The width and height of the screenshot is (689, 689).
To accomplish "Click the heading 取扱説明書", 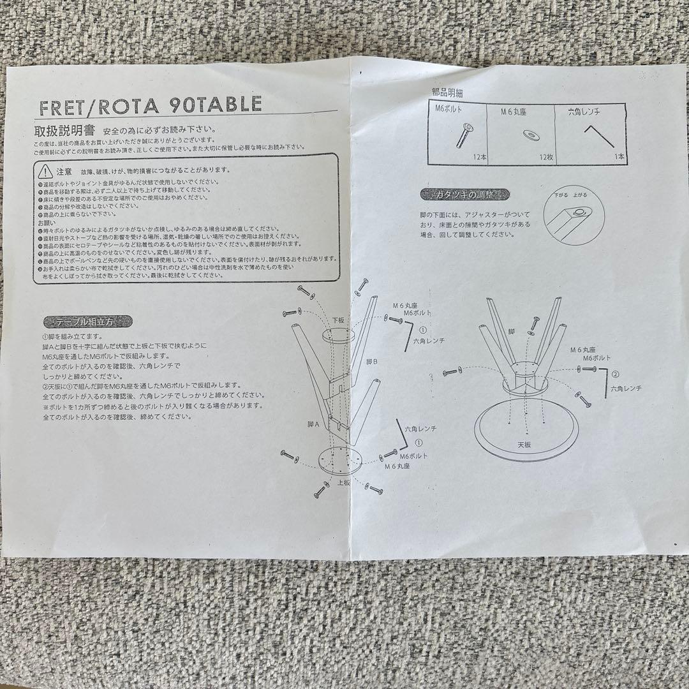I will [64, 131].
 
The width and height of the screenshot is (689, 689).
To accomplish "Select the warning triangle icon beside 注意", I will [44, 171].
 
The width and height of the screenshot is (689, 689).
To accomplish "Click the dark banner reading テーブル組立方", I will [88, 322].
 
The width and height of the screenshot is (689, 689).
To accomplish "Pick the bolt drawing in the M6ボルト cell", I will [464, 135].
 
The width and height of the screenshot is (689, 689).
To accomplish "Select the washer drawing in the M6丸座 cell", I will [529, 135].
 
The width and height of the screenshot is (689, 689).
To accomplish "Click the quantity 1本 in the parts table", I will [619, 156].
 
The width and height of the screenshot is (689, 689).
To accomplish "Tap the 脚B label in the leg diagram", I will [371, 362].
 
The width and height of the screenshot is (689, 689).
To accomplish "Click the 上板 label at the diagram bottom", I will [343, 482].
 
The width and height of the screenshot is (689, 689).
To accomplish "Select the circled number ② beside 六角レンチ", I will [615, 374].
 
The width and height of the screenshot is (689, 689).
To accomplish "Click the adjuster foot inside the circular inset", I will [579, 212].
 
